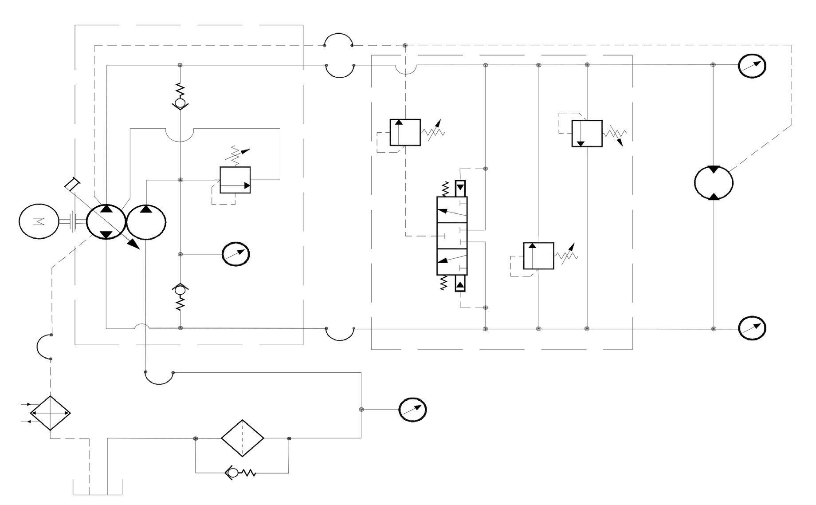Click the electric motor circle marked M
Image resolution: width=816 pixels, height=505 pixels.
(x=39, y=221)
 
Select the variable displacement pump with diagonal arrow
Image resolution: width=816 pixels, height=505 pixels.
(x=106, y=222)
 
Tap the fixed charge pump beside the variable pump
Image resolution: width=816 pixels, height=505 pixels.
(x=146, y=222)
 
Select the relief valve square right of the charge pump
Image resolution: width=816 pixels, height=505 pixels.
(x=235, y=180)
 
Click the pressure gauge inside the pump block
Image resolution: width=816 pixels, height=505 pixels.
(x=235, y=254)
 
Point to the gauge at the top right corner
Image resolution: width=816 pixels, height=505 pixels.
(x=752, y=65)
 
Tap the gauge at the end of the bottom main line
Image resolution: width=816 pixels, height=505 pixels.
(x=752, y=328)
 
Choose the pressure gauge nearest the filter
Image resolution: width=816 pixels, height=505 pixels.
(x=412, y=410)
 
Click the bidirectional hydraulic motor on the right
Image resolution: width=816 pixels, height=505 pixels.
(x=713, y=183)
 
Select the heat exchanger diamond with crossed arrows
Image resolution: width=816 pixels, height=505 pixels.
(x=50, y=413)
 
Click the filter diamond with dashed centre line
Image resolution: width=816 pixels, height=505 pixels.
(x=243, y=438)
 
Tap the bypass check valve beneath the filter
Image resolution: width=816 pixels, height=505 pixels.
(x=239, y=473)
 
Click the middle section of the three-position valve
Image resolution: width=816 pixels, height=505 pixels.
(x=452, y=236)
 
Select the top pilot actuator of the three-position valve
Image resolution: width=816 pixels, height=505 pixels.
(x=460, y=188)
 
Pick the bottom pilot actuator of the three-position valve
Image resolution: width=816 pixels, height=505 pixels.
(x=460, y=283)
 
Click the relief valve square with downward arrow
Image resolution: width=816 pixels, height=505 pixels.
(x=587, y=133)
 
